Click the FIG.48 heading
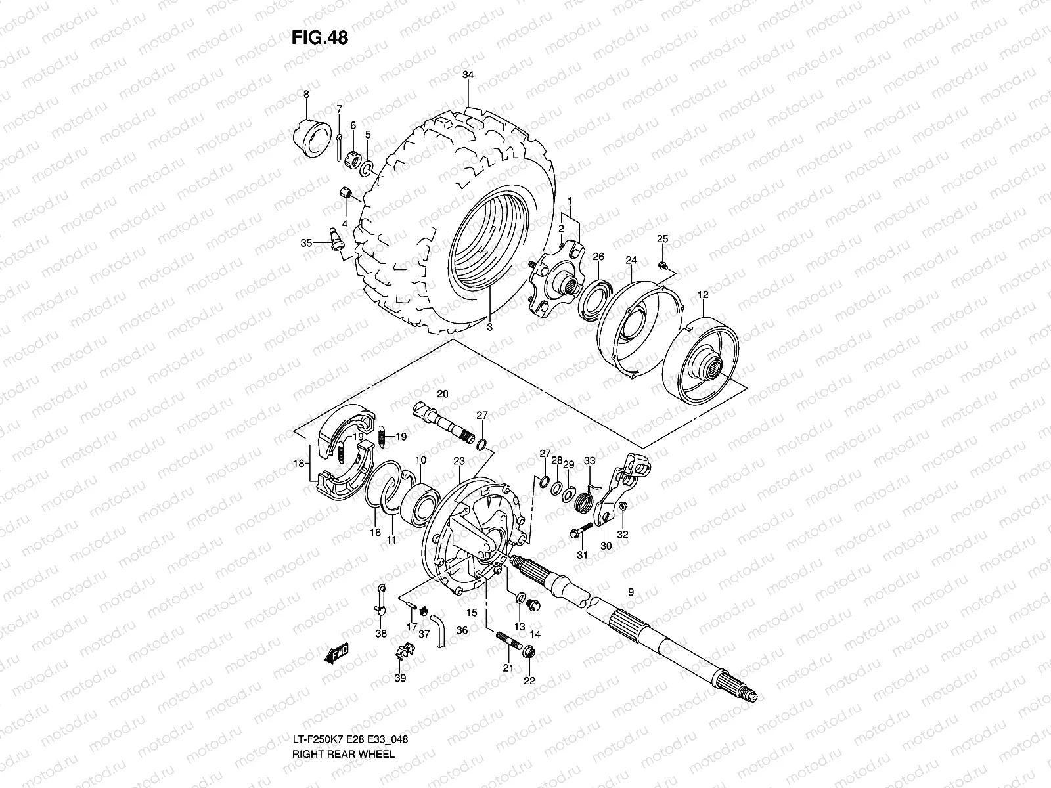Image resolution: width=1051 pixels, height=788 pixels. click(319, 38)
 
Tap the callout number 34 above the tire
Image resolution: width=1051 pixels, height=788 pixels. click(468, 75)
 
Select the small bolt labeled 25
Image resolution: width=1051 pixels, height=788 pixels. click(663, 264)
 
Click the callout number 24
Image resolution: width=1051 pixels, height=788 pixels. click(631, 260)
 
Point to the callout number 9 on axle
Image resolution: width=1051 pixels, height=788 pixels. click(630, 592)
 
